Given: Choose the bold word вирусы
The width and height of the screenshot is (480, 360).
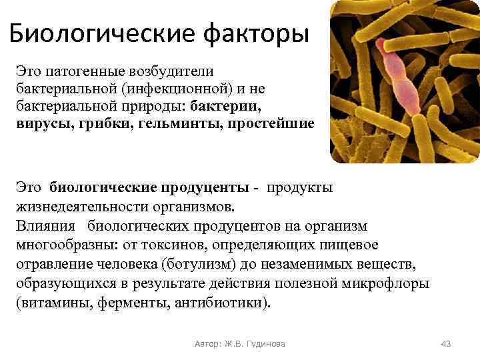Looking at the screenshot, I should click(41, 125).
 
